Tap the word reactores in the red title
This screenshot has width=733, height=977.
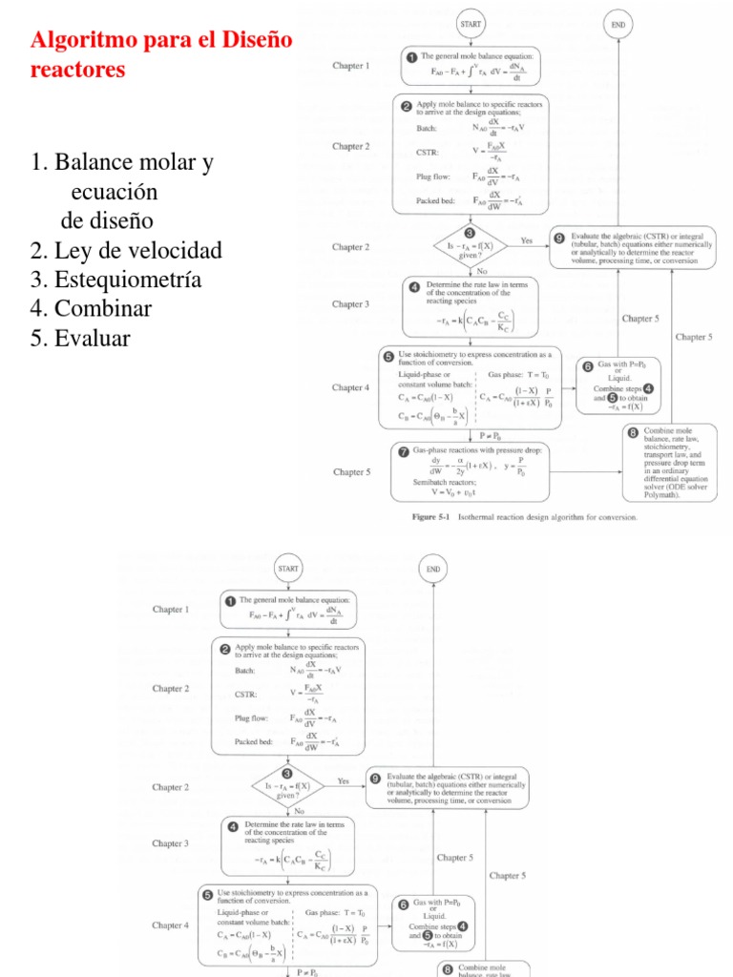point(78,70)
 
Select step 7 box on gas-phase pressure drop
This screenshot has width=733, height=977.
point(471,471)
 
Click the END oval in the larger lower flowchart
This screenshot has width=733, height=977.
point(433,569)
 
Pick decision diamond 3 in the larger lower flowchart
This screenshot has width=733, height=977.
point(287,784)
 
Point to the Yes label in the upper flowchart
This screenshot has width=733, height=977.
point(527,240)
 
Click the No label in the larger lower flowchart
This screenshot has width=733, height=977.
point(299,810)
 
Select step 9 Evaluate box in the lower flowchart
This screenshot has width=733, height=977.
point(447,787)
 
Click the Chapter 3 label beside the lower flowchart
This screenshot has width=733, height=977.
point(171,843)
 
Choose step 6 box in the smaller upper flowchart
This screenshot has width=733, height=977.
point(617,385)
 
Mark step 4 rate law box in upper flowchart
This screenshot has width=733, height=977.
point(471,307)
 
